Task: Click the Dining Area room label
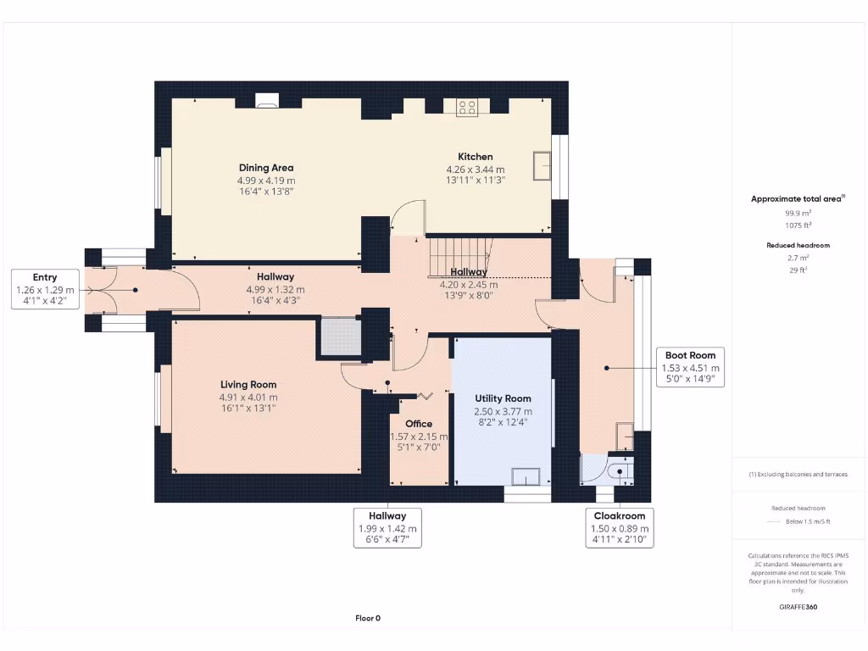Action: point(266,168)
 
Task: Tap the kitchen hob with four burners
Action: point(467,107)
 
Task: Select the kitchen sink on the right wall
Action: point(541,165)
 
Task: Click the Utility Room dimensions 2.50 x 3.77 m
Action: point(503,411)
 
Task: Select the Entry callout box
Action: point(45,289)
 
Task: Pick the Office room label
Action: point(419,424)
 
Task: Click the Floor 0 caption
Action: point(367,618)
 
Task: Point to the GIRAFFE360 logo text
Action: point(798,607)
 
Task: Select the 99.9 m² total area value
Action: point(798,214)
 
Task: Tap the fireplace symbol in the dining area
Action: point(267,103)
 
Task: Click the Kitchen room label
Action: point(476,157)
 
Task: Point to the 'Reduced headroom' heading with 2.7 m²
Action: point(798,245)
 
